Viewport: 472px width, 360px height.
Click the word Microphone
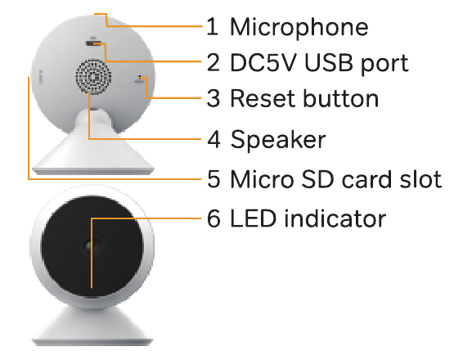[x=299, y=28]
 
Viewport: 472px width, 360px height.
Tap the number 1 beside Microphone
[x=213, y=26]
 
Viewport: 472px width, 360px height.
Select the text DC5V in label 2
[x=263, y=63]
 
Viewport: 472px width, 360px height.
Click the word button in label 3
[x=340, y=98]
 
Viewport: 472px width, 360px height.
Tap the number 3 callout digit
[x=214, y=98]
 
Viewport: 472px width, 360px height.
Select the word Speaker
[x=278, y=140]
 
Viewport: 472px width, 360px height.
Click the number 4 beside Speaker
[x=214, y=139]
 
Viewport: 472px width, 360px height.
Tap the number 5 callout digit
[x=214, y=179]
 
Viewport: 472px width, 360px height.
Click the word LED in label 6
[x=253, y=218]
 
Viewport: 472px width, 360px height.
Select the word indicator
[x=335, y=218]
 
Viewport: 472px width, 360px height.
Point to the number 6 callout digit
[x=214, y=218]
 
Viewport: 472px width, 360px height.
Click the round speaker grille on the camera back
[x=93, y=76]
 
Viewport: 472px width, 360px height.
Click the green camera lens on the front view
[x=88, y=245]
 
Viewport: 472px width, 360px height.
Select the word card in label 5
[x=367, y=179]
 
